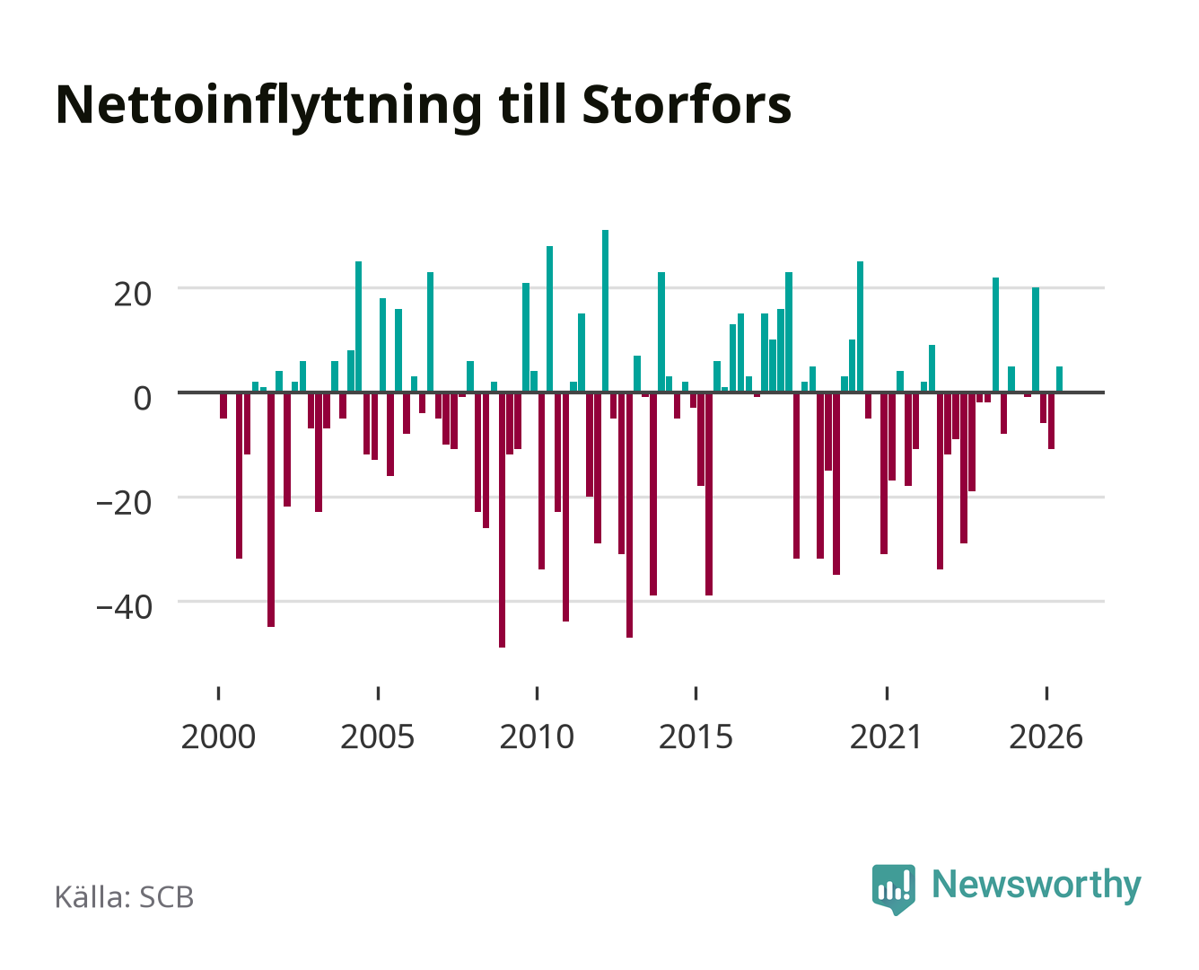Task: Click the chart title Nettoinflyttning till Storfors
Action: (424, 107)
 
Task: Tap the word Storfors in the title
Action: (687, 104)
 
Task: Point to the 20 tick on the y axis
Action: (132, 294)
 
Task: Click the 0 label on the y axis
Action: (143, 398)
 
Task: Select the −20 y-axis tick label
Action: (124, 502)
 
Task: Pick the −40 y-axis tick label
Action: (124, 606)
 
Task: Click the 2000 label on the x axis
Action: (218, 736)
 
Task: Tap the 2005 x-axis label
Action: (378, 736)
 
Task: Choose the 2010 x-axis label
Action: (537, 736)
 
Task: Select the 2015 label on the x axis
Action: (696, 736)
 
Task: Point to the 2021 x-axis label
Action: (886, 736)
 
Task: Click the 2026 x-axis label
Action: (1046, 736)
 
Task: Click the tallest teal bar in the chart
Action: (605, 311)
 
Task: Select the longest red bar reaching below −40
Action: (502, 520)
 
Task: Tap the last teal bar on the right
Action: (1059, 378)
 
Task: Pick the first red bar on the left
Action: (223, 406)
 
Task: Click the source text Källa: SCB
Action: (125, 896)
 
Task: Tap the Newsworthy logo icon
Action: (893, 888)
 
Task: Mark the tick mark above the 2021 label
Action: (888, 692)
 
